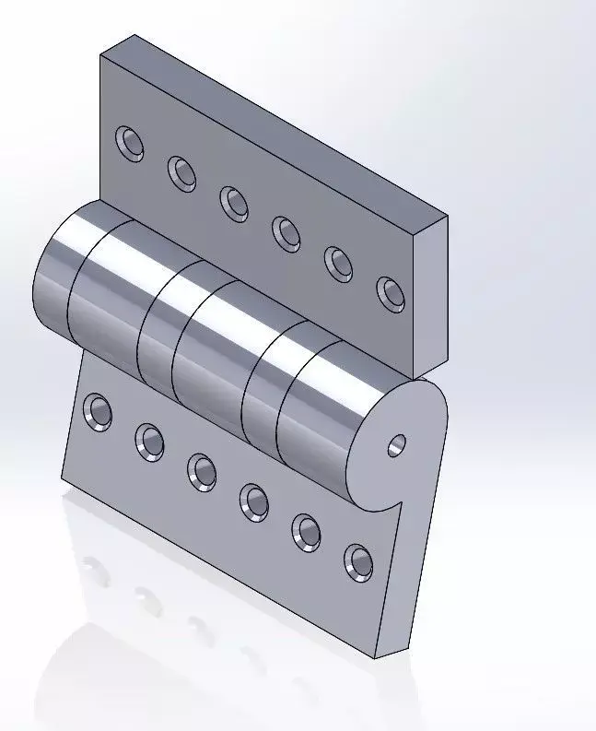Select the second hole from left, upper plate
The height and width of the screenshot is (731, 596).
click(x=181, y=171)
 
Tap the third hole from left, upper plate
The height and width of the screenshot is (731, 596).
click(x=233, y=202)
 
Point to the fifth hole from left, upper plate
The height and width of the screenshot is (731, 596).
click(x=339, y=263)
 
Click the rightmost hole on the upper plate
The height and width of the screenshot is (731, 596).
click(x=391, y=293)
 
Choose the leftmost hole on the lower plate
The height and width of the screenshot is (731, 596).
click(x=98, y=411)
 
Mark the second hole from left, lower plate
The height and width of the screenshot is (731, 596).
click(x=149, y=441)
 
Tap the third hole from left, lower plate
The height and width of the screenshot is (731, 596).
click(x=202, y=470)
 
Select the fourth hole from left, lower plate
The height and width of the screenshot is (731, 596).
click(x=254, y=501)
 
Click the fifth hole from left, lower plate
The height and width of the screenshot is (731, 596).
click(x=307, y=531)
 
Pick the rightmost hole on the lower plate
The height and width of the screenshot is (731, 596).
click(x=359, y=561)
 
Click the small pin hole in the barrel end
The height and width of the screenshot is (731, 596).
click(x=396, y=445)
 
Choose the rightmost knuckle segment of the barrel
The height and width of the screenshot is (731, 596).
click(x=318, y=415)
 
